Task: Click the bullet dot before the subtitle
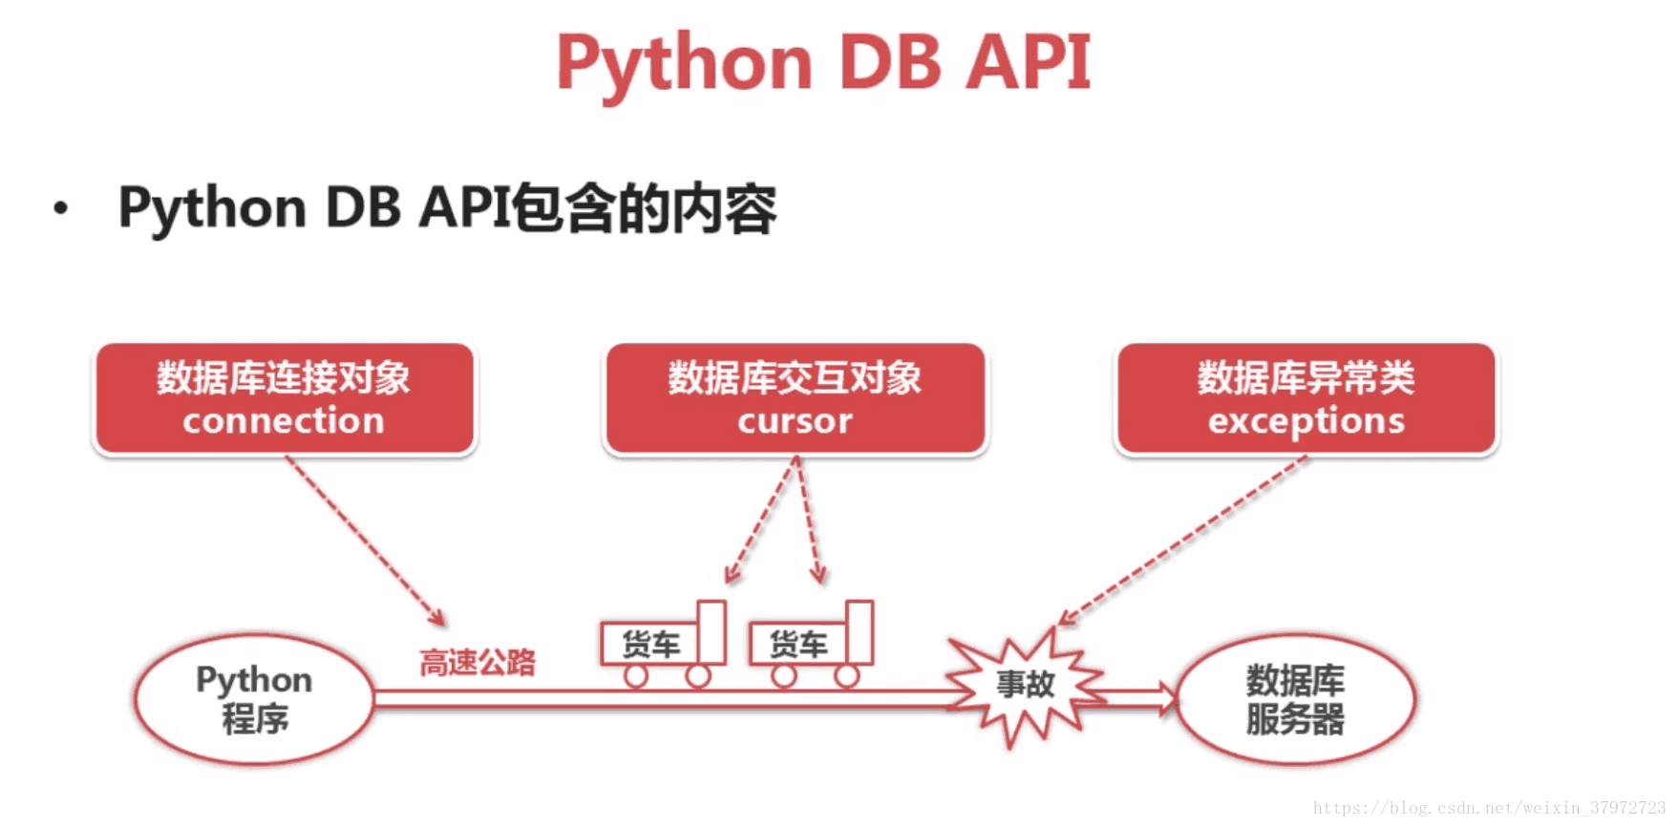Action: tap(61, 208)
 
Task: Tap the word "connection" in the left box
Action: tap(284, 421)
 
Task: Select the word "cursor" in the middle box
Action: tap(795, 421)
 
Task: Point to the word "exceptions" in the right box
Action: tap(1306, 421)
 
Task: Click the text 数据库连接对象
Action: tap(284, 377)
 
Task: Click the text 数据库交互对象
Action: tap(795, 377)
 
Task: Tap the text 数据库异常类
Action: tap(1306, 377)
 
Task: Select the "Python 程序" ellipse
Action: tap(254, 634)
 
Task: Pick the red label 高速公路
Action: tap(478, 662)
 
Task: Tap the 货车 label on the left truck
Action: tap(650, 645)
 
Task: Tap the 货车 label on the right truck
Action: tap(798, 645)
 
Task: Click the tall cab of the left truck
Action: tap(711, 631)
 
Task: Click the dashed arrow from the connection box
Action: tap(366, 541)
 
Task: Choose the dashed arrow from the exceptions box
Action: tap(1182, 541)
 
